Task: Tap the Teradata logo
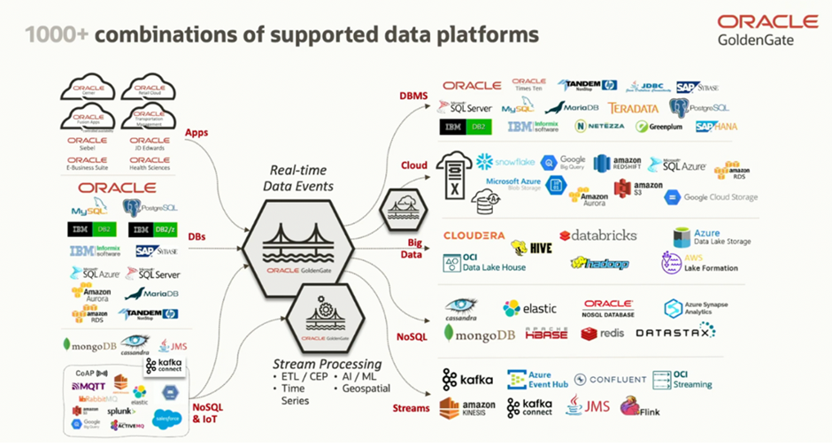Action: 633,108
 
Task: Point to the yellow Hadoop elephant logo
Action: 599,263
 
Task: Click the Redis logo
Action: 603,334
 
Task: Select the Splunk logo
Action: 121,411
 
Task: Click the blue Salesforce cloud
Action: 166,418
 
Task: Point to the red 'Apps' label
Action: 196,134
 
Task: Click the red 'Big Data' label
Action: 413,247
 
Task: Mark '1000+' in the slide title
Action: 56,35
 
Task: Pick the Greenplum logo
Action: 653,127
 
